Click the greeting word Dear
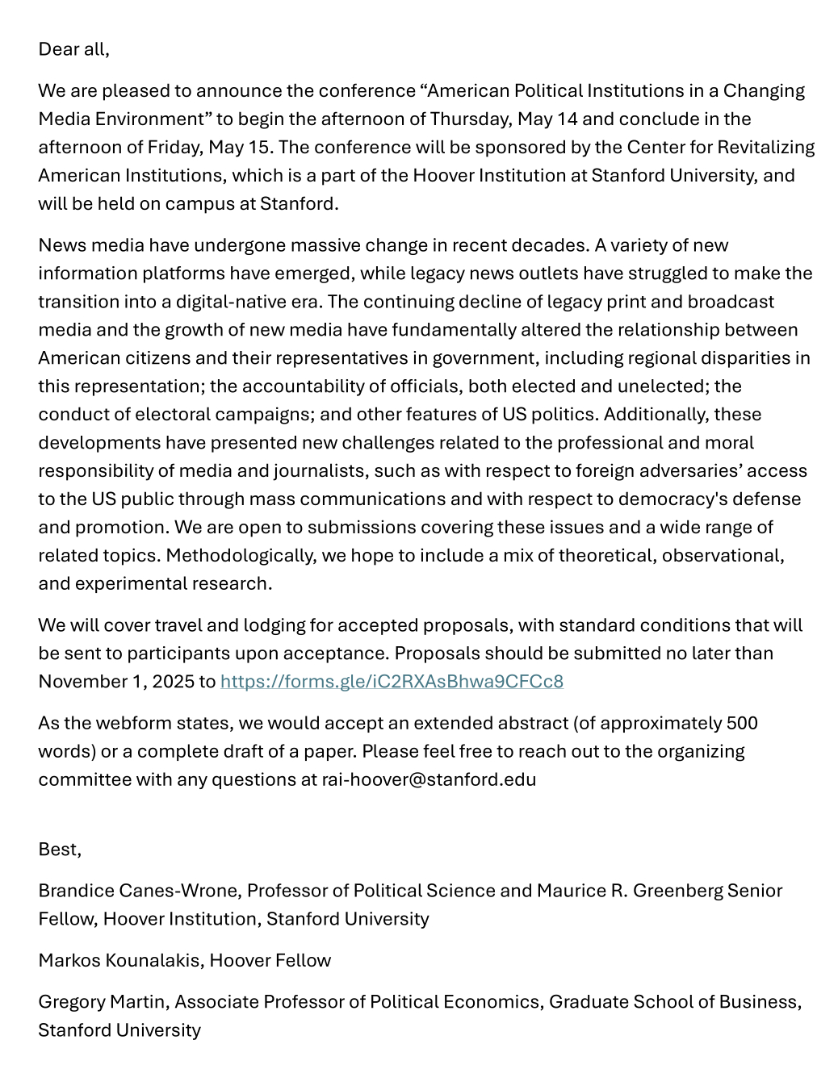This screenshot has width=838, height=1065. click(57, 49)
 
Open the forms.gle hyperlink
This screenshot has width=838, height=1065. click(392, 682)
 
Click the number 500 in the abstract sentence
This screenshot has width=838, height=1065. click(741, 723)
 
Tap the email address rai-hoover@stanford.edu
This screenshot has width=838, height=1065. click(429, 779)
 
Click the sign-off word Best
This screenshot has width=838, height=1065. click(59, 850)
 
